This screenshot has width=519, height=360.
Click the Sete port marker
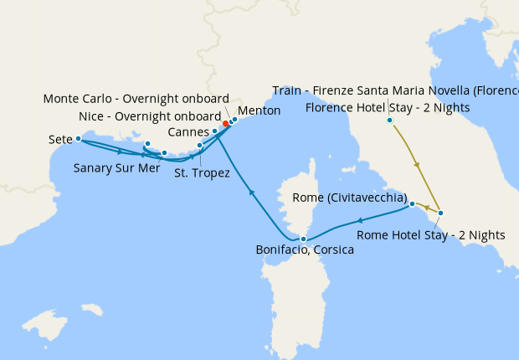78,139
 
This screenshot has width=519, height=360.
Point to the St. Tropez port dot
200,146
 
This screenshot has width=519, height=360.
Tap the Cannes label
188,132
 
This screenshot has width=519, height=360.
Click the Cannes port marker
215,131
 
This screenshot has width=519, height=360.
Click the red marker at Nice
226,124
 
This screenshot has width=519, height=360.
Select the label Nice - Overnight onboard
150,116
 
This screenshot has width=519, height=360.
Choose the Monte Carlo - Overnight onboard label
136,99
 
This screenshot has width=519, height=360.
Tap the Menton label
259,111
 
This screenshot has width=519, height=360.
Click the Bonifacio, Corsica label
299,249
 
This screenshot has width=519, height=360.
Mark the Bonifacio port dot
303,239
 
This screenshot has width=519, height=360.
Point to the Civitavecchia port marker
412,203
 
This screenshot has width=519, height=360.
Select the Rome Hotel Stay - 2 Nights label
431,234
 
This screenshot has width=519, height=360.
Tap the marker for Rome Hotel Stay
440,213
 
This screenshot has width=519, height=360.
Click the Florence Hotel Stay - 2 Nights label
388,107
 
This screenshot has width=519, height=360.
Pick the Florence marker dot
390,121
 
